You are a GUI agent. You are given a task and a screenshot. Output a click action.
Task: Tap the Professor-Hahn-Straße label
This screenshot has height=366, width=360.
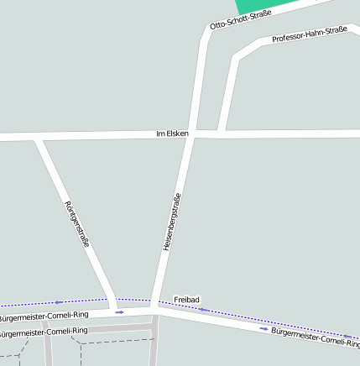[310, 34]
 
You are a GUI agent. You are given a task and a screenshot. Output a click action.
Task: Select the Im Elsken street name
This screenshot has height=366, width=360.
[173, 133]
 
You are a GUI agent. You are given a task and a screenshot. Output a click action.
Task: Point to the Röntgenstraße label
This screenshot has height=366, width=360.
[76, 223]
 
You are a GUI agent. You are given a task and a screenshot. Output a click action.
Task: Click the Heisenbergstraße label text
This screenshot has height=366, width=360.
[172, 223]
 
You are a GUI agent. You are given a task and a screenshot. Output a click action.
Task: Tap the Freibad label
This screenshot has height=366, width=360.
[186, 299]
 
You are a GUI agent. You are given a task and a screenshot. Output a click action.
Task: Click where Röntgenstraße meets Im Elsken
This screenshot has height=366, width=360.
[36, 136]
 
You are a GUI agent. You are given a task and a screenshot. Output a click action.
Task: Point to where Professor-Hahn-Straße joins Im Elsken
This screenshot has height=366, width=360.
[221, 133]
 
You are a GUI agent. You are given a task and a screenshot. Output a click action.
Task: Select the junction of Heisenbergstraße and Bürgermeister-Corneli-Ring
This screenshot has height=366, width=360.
[154, 310]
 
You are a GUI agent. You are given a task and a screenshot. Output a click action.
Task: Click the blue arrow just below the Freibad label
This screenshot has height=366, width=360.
[202, 310]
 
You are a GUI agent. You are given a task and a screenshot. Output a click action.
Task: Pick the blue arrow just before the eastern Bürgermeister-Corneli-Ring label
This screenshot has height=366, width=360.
[263, 328]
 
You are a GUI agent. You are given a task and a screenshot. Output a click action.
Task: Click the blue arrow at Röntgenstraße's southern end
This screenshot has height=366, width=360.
[119, 311]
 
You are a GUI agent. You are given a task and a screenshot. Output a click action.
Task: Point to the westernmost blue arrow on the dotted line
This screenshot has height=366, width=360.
[59, 302]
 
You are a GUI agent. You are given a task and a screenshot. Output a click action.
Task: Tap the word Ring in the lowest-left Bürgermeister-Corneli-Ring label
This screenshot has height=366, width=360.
[78, 331]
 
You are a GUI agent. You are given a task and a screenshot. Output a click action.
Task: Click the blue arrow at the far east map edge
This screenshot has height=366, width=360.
[347, 337]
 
